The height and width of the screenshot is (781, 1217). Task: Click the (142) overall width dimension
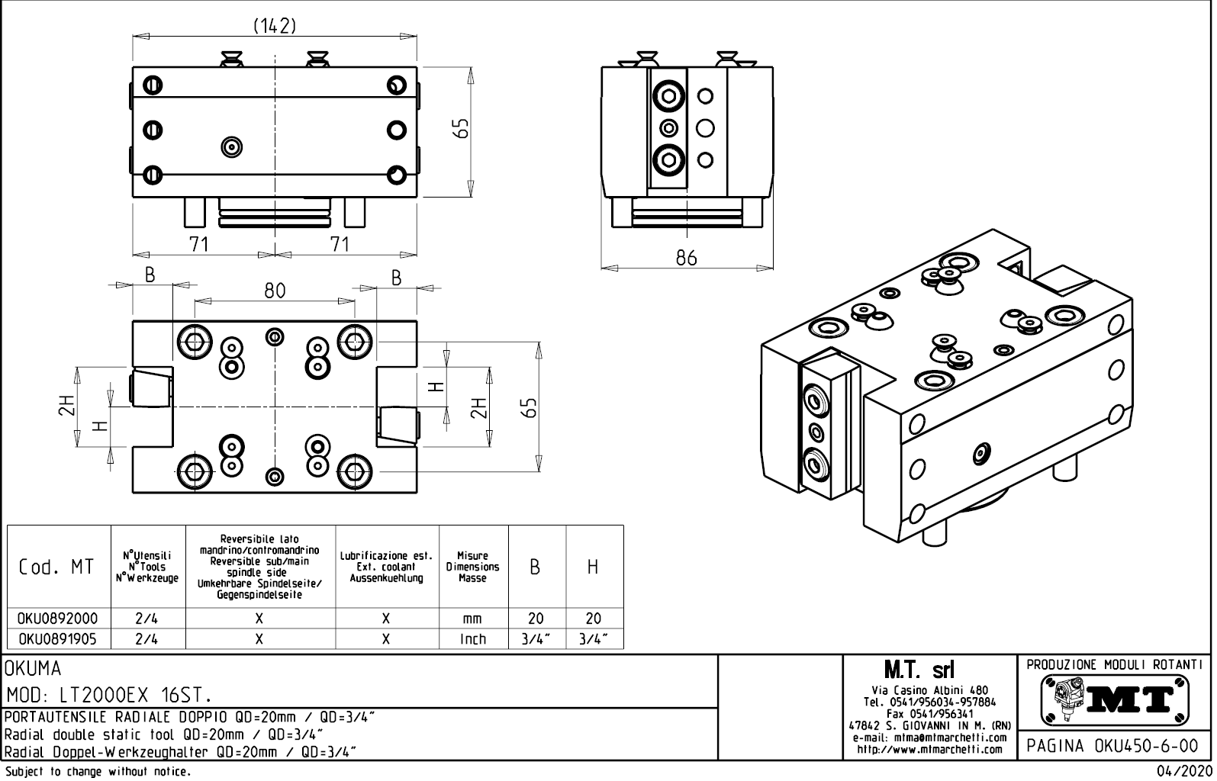274,26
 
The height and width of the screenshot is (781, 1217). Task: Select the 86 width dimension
686,258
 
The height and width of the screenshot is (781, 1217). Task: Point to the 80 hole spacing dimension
275,290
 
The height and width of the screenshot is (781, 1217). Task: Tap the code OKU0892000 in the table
58,619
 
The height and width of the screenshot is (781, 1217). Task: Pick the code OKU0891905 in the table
58,639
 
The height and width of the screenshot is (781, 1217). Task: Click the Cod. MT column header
58,567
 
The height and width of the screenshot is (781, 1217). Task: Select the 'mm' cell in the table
472,619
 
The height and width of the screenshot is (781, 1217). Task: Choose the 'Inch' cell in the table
472,639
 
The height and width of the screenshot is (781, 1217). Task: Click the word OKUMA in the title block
33,669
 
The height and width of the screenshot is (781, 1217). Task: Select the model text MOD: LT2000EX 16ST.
108,695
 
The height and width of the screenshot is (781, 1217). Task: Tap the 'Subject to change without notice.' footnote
97,772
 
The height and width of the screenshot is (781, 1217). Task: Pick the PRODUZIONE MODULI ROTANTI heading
1116,664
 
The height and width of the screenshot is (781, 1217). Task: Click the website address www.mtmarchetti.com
929,749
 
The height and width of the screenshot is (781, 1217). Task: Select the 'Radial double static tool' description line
164,734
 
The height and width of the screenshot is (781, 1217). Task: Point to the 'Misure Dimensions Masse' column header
472,567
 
